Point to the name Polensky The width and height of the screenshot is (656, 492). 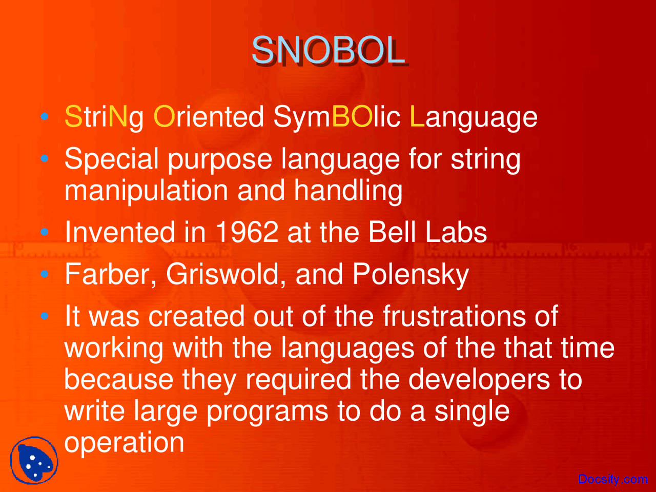click(411, 274)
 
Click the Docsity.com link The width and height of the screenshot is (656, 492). click(612, 479)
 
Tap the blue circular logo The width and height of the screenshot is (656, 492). click(34, 460)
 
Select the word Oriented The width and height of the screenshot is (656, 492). click(209, 116)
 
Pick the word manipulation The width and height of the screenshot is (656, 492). click(146, 191)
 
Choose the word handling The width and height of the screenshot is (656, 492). click(348, 191)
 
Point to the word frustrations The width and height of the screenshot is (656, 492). click(454, 316)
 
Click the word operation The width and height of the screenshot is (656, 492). click(124, 442)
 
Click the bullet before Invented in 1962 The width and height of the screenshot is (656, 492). click(45, 232)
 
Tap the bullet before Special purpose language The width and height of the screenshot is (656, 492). click(45, 159)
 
